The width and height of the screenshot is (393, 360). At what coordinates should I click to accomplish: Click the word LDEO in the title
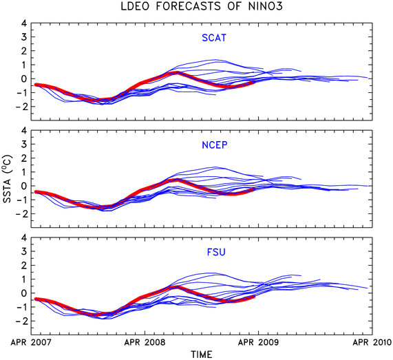(x=136, y=6)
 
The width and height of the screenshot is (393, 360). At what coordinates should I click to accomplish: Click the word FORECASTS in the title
(x=189, y=6)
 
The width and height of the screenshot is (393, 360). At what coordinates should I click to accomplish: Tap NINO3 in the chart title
(x=266, y=6)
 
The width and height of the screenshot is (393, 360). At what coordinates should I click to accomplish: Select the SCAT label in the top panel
(x=214, y=38)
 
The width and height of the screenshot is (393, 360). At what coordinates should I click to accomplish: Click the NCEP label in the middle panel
(x=215, y=145)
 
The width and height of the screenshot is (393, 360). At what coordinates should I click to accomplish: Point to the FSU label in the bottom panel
(x=216, y=252)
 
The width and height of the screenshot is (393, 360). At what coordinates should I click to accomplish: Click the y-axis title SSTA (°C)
(x=8, y=179)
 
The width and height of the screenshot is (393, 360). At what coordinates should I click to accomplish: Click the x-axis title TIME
(x=202, y=354)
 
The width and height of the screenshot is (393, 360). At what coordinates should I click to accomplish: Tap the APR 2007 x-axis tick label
(x=31, y=342)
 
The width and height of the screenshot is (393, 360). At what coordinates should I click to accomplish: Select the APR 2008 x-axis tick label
(x=145, y=342)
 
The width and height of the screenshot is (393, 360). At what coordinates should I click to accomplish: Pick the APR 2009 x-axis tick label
(x=258, y=342)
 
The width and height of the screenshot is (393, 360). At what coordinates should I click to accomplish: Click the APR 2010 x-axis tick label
(x=372, y=342)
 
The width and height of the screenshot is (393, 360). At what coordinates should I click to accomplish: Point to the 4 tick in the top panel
(x=24, y=23)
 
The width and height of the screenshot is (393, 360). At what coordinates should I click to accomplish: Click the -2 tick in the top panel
(x=21, y=107)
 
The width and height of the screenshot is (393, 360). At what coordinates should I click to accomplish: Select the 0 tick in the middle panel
(x=24, y=186)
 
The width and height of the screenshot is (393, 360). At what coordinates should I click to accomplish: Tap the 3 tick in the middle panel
(x=24, y=144)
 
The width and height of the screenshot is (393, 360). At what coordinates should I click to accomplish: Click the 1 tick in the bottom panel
(x=24, y=279)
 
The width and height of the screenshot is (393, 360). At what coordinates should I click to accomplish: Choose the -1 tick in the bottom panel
(x=21, y=307)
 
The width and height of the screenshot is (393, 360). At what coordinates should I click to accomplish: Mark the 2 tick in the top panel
(x=24, y=51)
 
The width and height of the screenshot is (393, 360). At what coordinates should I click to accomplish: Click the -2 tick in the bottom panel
(x=21, y=321)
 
